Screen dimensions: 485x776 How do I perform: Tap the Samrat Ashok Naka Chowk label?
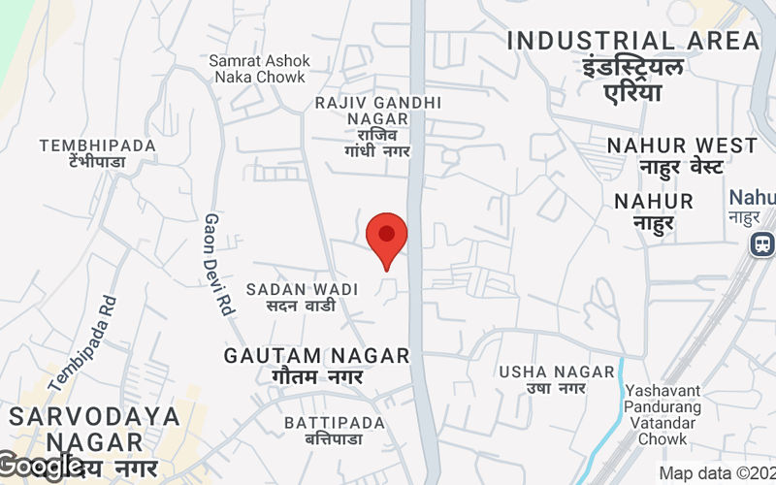click(x=257, y=68)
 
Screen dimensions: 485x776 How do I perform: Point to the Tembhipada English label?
click(x=97, y=145)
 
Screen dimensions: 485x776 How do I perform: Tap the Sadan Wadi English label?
click(x=302, y=289)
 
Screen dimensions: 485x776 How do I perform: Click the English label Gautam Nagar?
click(x=317, y=356)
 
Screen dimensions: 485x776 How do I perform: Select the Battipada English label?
click(x=335, y=423)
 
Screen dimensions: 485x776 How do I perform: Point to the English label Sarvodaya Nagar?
click(x=95, y=428)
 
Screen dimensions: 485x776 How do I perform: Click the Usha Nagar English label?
click(x=557, y=372)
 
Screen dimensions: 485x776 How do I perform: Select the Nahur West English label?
click(x=682, y=145)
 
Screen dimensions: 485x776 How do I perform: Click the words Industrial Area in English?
click(x=633, y=41)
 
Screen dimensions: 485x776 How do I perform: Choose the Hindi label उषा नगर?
click(x=557, y=389)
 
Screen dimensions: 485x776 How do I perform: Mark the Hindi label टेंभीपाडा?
click(x=85, y=162)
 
